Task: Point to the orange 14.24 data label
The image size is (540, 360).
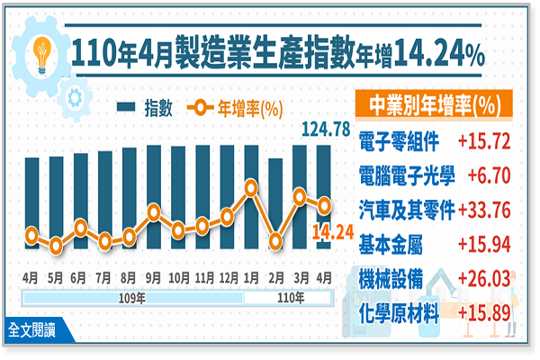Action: (x=330, y=231)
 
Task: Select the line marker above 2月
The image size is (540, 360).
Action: (x=275, y=240)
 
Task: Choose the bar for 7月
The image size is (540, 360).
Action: (x=105, y=200)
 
